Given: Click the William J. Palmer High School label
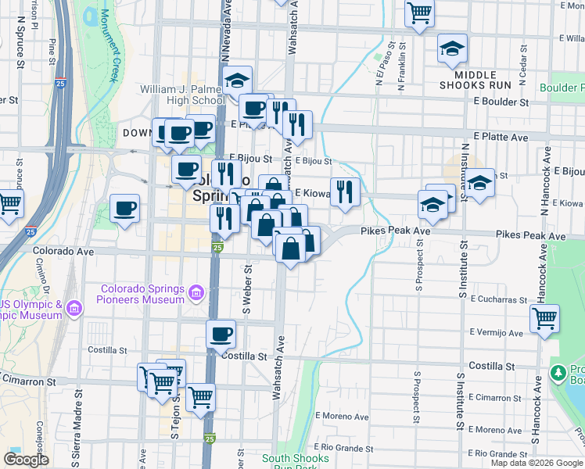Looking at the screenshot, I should pos(183,95).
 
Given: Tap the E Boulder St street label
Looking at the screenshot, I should pos(495,102).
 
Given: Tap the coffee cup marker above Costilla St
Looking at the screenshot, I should pos(221,334).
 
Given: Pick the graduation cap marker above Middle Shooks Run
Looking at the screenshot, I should pos(452,48).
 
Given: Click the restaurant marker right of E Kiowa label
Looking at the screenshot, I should pos(345,192).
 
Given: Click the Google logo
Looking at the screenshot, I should pos(26,460).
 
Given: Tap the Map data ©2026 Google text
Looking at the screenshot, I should pos(537,463).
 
